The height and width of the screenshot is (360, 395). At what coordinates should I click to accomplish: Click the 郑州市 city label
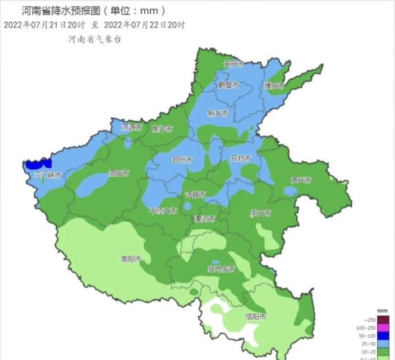182,160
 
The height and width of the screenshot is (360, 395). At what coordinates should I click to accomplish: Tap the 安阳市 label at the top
234,64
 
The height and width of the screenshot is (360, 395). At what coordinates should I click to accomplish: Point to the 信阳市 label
255,317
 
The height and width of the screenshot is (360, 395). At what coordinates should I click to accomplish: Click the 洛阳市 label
118,173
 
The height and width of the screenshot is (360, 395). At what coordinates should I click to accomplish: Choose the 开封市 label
240,159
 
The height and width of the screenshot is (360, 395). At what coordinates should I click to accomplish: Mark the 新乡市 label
218,113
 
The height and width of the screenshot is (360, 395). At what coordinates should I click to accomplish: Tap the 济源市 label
132,127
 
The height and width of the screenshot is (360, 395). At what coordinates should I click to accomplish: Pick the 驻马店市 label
221,269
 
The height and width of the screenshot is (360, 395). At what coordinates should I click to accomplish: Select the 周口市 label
261,213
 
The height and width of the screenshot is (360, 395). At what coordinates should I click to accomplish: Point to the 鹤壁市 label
228,85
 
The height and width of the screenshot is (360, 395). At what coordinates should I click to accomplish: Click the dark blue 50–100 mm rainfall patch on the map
38,164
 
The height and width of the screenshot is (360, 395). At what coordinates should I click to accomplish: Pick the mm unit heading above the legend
382,309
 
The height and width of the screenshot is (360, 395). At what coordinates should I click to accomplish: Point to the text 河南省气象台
95,39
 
